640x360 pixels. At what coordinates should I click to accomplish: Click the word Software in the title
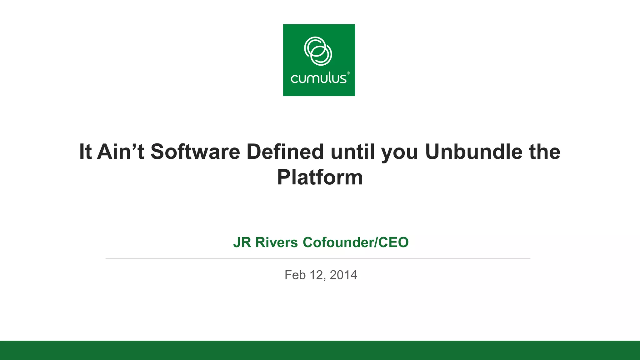tap(195, 152)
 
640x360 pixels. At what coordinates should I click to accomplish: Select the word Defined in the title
tap(285, 152)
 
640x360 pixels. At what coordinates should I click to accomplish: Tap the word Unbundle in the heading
tap(473, 152)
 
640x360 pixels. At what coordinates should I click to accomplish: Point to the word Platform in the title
tap(320, 177)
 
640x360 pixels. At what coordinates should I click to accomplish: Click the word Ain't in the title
tap(121, 152)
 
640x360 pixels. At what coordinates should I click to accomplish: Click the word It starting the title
tap(85, 152)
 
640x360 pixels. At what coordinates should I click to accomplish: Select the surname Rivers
tap(276, 242)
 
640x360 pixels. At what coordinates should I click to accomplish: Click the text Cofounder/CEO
tap(355, 242)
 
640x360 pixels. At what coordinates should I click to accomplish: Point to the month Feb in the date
tap(295, 275)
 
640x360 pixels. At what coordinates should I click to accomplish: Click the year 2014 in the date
tap(343, 275)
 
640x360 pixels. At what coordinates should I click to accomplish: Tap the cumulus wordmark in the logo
tap(318, 78)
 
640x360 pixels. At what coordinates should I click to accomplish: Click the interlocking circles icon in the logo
tap(318, 51)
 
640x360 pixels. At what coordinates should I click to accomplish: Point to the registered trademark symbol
tap(348, 73)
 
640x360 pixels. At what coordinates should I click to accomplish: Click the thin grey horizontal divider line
tap(318, 258)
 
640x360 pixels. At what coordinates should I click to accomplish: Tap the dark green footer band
tap(320, 350)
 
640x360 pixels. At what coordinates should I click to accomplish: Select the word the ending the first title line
tap(545, 152)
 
